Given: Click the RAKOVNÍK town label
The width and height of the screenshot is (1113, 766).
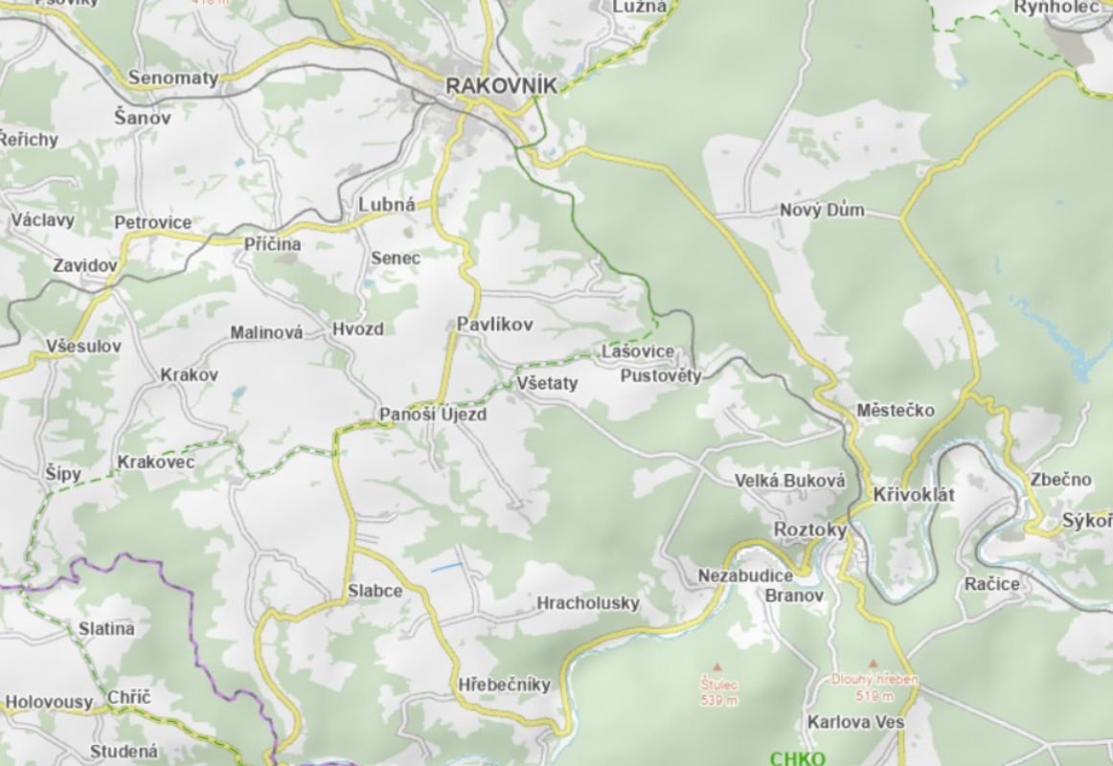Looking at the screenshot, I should tap(501, 85).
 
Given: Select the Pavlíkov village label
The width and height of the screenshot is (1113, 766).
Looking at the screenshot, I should tap(494, 325).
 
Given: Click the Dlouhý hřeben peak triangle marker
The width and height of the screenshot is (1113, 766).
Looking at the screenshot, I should tap(872, 663).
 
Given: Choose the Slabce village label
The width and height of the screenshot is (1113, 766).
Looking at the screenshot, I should tap(375, 591).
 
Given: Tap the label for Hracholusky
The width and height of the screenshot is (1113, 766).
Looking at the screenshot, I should tap(587, 603).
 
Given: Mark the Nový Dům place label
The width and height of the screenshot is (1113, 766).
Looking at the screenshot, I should tap(822, 210).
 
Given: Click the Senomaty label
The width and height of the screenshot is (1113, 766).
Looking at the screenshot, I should tap(173, 78).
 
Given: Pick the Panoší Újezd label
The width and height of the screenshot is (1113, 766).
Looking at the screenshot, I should tap(433, 415).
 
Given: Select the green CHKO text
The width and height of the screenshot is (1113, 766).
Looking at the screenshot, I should tap(797, 758).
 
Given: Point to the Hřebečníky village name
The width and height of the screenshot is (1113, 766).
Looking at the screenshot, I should tap(505, 684).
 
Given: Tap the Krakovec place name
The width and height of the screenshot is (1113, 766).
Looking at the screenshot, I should tap(156, 462).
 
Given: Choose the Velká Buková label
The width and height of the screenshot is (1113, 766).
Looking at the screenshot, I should tap(790, 481).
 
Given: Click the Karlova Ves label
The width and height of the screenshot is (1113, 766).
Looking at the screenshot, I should tap(855, 722).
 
